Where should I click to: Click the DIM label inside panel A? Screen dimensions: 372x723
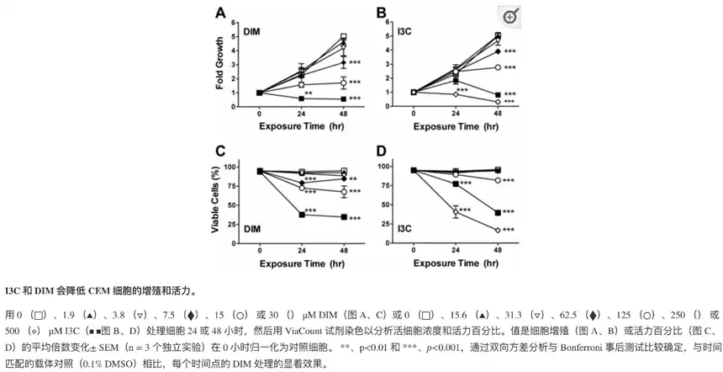(x=251, y=32)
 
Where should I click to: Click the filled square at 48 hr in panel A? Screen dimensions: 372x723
(x=343, y=98)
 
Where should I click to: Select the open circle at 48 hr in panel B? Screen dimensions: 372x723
(x=498, y=66)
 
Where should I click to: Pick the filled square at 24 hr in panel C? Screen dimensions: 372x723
(x=301, y=215)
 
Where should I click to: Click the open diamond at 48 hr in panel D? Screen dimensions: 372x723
(x=498, y=230)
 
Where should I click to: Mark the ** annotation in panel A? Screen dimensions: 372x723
(x=309, y=93)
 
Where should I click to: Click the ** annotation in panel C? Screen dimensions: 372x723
(x=354, y=178)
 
